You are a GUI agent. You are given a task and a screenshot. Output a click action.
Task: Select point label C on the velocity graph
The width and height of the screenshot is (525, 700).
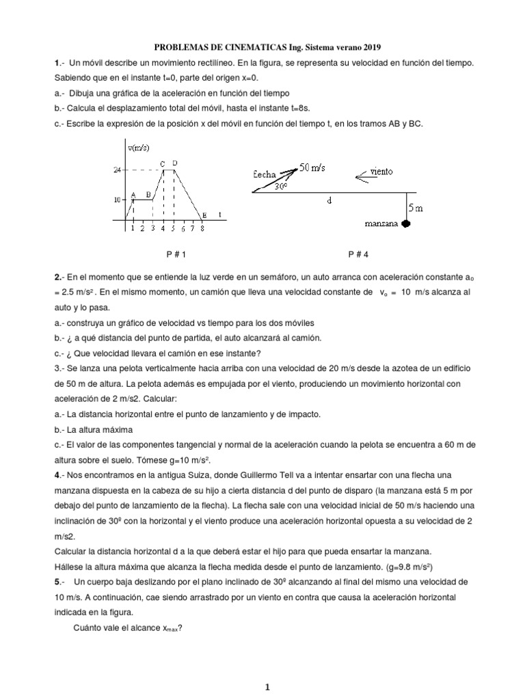163,163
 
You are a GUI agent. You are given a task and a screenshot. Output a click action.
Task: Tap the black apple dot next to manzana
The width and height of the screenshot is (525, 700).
406,224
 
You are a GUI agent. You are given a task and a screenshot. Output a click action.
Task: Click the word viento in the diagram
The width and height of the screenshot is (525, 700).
381,171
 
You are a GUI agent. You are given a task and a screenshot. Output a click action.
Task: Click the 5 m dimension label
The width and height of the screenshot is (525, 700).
415,208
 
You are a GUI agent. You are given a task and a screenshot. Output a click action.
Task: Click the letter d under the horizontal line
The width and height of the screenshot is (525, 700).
329,201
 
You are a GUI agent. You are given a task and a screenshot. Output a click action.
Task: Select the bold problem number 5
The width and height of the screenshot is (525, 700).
57,582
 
